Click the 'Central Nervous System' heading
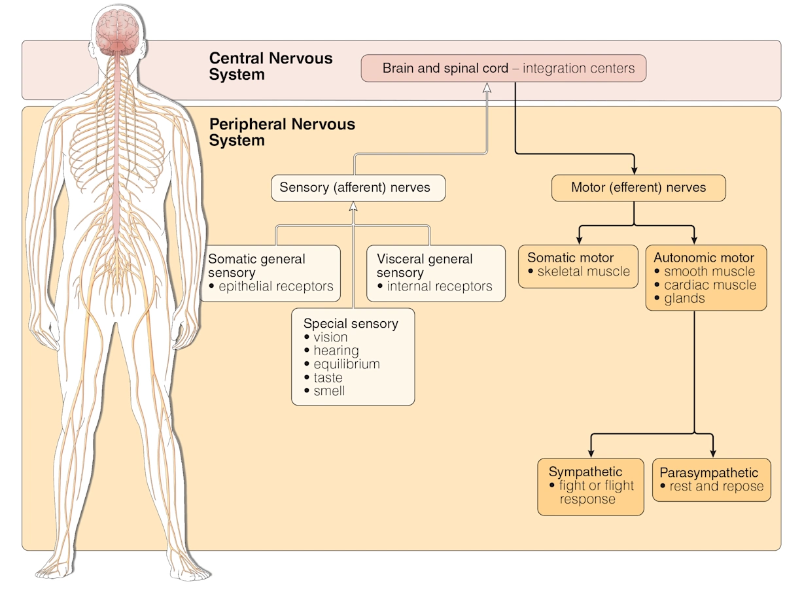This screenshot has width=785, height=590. pos(270,66)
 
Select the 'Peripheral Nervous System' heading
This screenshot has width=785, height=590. pos(281,132)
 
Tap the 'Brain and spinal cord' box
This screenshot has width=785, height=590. pos(503,69)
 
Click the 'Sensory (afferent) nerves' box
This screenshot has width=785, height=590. pos(358,188)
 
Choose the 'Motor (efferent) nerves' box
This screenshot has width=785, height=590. pos(638,188)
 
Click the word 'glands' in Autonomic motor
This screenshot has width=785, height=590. pos(684,299)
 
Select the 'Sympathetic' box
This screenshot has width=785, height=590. pos(590,486)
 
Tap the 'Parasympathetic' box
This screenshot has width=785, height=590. pos(712,479)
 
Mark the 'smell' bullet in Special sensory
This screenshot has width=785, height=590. pos(328,391)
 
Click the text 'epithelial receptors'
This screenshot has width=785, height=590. pos(275,286)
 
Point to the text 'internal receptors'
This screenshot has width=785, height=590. pos(439,286)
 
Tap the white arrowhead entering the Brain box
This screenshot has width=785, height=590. pos(486,88)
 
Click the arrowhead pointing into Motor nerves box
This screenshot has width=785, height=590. pos(633,169)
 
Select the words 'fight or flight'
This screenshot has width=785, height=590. pos(596,486)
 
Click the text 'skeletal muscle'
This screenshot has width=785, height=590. pos(584,272)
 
